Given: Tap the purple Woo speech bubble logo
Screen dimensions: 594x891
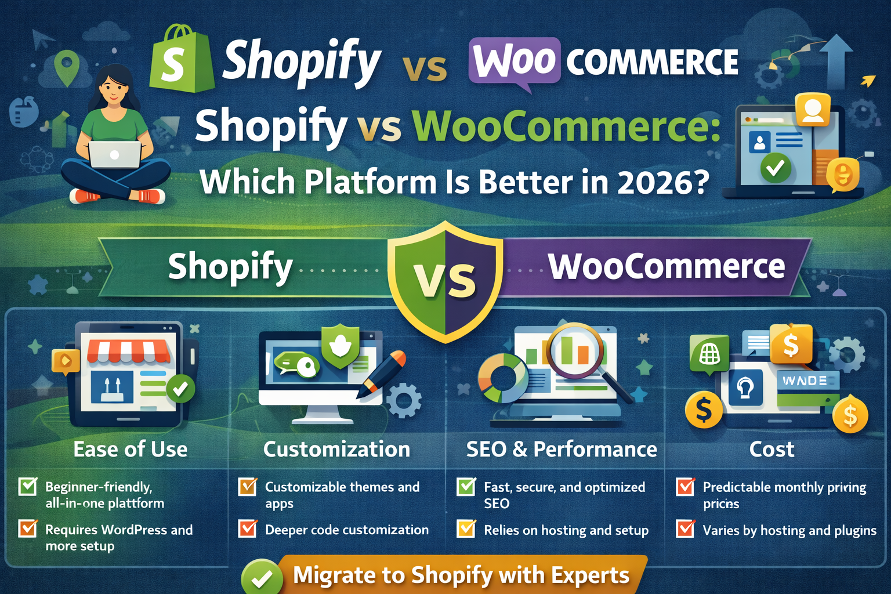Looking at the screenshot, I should (x=515, y=60).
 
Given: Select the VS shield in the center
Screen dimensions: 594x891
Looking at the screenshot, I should (x=445, y=280).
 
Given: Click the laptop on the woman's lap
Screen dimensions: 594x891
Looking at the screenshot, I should (x=115, y=155).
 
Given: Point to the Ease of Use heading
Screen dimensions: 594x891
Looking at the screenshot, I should (x=131, y=450).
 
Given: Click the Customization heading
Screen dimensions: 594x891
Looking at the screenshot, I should (x=336, y=450).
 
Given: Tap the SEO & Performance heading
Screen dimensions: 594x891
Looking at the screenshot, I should (x=562, y=450).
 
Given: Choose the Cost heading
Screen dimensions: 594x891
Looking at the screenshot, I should (x=772, y=450).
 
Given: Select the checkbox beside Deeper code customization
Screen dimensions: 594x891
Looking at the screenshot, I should (x=248, y=529).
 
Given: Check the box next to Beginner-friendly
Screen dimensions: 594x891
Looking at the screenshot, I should (x=28, y=486).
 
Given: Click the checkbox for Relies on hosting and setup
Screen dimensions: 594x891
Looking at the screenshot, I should (x=466, y=529).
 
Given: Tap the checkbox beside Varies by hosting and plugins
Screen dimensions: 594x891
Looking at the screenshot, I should (x=685, y=529).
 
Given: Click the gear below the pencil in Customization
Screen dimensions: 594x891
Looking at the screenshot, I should (x=404, y=400).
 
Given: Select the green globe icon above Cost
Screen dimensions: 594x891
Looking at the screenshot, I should (x=709, y=353).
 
